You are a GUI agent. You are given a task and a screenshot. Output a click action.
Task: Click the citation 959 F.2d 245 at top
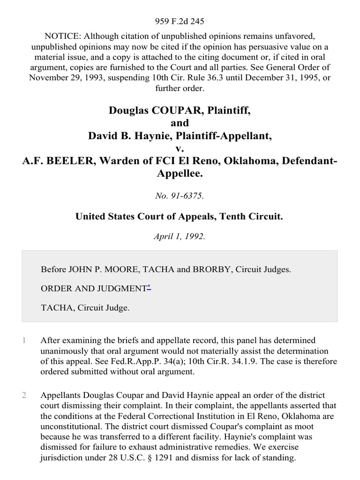click(x=180, y=21)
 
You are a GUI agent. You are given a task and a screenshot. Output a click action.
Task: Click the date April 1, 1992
click(x=180, y=237)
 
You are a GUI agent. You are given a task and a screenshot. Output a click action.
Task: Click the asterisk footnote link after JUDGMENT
click(x=149, y=288)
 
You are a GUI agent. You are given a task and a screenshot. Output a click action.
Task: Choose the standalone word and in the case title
click(x=180, y=123)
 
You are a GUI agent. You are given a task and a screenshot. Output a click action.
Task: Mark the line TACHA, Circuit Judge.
click(x=85, y=308)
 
